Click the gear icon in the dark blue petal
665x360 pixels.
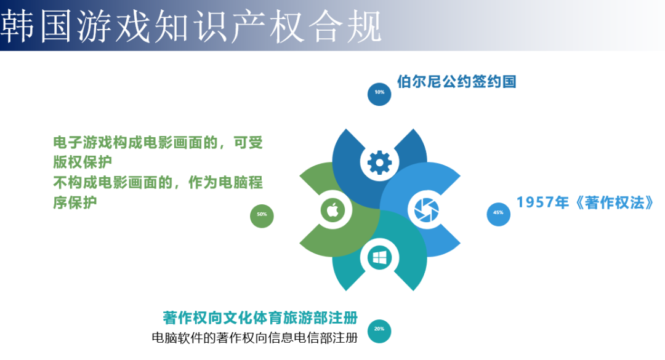[379, 163]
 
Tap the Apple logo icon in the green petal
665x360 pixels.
[333, 210]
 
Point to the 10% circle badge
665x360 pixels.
[379, 93]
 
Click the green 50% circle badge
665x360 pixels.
[262, 215]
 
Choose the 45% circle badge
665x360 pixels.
[498, 213]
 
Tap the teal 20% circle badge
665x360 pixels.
[379, 329]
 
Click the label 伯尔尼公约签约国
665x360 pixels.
[456, 82]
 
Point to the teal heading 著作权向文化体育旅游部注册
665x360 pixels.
[260, 318]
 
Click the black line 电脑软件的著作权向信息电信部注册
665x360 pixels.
[254, 338]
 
